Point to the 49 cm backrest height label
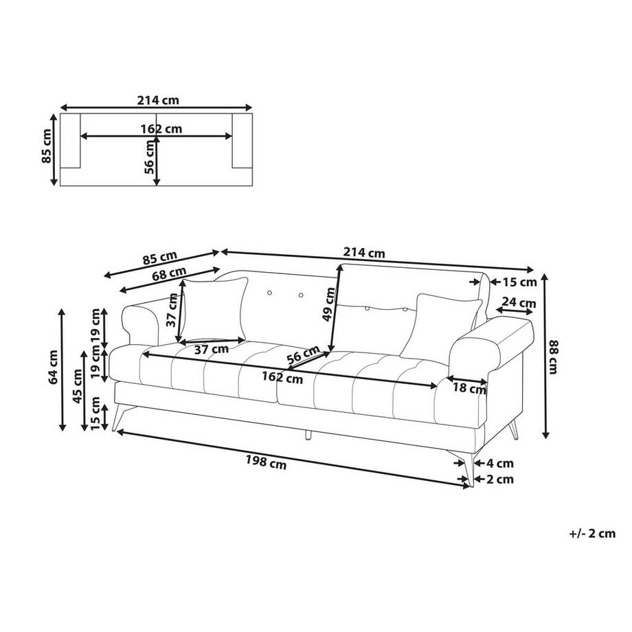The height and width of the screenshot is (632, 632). pyautogui.click(x=330, y=304)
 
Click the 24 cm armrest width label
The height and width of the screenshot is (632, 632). pyautogui.click(x=519, y=302)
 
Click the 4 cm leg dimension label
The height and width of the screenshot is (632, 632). pyautogui.click(x=499, y=464)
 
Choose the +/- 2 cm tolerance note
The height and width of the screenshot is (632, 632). pyautogui.click(x=592, y=533)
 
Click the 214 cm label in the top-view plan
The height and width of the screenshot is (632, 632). pyautogui.click(x=158, y=100)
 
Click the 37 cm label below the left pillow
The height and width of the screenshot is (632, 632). pyautogui.click(x=211, y=349)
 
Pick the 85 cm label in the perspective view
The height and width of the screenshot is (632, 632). pyautogui.click(x=159, y=259)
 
